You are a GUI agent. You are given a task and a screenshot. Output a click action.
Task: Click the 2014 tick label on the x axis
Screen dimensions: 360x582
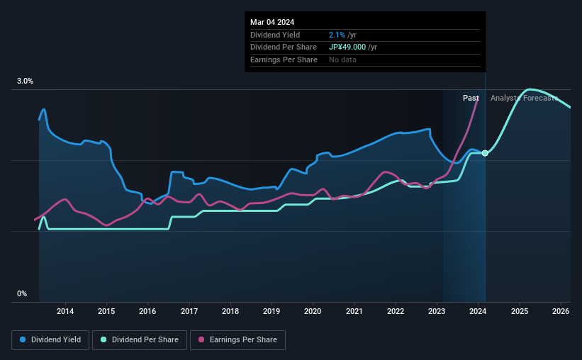point(65,311)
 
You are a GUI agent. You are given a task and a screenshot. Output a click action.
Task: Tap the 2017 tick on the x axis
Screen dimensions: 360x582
point(189,311)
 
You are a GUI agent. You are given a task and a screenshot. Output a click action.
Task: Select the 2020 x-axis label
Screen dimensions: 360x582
point(313,311)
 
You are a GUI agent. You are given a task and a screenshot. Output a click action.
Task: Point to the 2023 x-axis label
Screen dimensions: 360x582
point(437,311)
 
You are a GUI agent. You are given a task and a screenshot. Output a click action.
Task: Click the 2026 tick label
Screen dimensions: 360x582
point(560,311)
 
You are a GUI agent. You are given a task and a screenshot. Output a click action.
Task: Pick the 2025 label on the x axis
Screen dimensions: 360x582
point(519,311)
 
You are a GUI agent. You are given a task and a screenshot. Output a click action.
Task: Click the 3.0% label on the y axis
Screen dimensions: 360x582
point(26,81)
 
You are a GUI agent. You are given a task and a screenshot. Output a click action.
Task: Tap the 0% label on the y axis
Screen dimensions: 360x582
point(22,293)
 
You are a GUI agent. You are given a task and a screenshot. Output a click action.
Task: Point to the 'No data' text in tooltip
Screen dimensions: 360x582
point(342,60)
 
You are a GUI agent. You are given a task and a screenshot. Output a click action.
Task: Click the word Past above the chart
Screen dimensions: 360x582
point(471,98)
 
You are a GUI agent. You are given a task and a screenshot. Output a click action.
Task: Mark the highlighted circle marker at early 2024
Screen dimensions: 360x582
point(485,153)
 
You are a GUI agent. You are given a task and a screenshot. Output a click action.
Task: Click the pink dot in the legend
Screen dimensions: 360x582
point(201,340)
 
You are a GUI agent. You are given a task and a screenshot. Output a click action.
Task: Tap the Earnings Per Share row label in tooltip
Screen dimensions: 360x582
point(284,60)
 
